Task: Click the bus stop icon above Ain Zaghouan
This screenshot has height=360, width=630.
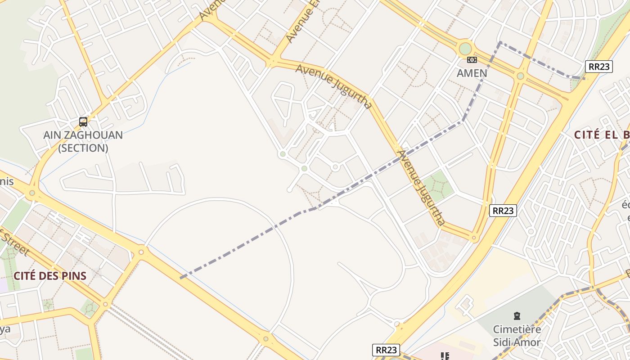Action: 83,121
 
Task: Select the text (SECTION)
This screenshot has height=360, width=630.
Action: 83,148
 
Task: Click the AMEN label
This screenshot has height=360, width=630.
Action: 472,73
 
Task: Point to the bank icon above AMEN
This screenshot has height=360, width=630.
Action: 472,60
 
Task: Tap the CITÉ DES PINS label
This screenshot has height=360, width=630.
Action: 49,276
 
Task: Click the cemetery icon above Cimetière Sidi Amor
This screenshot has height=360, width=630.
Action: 517,316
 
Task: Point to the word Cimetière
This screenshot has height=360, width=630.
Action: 517,329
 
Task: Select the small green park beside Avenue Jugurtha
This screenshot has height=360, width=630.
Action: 437,186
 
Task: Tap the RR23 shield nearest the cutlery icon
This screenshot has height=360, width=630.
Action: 386,350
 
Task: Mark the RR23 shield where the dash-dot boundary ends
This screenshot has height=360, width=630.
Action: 599,67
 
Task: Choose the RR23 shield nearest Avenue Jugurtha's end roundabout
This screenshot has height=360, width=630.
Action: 503,210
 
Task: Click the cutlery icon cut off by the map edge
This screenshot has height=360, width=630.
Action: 445,356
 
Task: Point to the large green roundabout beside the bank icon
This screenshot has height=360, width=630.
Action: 465,48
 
